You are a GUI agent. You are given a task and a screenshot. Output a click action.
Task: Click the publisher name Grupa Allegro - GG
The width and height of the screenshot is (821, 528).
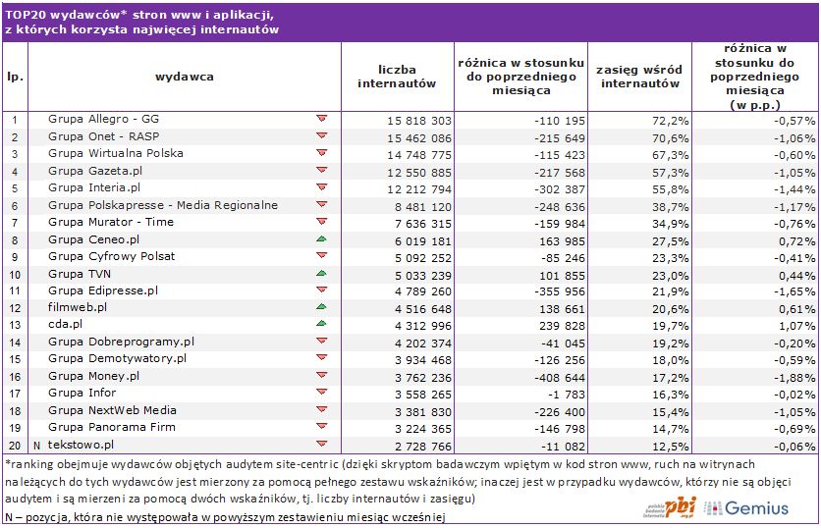tap(103, 119)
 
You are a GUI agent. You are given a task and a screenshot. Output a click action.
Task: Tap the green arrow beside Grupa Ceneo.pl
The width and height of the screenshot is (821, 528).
tap(321, 238)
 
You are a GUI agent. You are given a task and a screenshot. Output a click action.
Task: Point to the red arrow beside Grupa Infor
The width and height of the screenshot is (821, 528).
tap(321, 393)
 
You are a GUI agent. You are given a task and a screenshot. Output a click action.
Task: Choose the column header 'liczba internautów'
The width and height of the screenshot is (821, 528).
tap(396, 77)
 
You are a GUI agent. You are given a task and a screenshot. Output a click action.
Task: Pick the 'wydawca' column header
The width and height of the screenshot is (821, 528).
tap(184, 77)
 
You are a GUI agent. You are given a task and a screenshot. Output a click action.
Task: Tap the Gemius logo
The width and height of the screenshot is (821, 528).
tap(749, 507)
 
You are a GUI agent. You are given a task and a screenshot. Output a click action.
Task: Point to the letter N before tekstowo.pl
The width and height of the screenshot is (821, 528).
tap(36, 444)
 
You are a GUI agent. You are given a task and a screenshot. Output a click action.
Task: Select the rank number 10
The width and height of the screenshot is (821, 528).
tap(15, 273)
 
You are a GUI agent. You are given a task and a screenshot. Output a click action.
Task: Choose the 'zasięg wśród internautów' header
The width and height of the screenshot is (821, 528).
tap(639, 77)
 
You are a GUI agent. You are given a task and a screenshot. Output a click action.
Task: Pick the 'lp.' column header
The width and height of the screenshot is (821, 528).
tap(15, 77)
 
